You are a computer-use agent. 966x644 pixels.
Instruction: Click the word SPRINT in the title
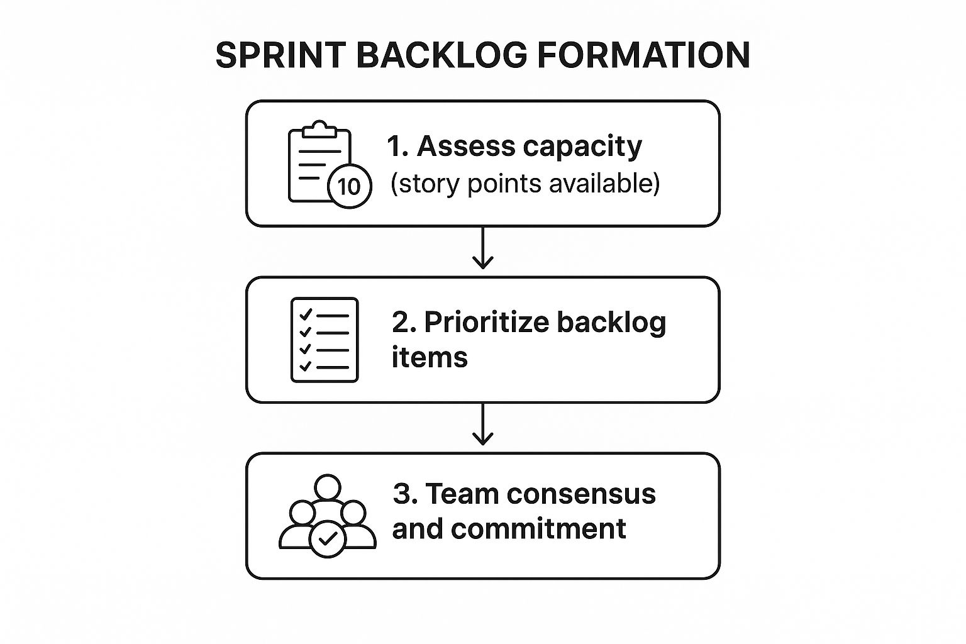(x=280, y=55)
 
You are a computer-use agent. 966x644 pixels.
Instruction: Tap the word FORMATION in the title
(x=644, y=55)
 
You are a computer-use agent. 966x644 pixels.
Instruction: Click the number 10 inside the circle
(x=349, y=187)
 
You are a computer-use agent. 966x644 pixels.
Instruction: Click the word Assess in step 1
(x=466, y=146)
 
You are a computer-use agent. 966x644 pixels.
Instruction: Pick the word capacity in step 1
(x=582, y=148)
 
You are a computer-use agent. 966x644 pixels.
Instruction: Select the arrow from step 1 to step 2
(x=482, y=248)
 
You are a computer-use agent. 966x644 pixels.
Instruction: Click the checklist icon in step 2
(x=325, y=340)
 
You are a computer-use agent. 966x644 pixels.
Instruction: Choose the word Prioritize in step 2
(x=487, y=322)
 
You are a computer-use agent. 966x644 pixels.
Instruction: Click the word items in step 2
(x=430, y=358)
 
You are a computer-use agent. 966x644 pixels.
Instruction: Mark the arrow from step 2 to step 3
(x=482, y=424)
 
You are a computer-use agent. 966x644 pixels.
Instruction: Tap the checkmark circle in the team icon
(x=328, y=539)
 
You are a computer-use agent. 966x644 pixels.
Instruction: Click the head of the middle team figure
(x=328, y=488)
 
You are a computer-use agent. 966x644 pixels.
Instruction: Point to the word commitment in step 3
(x=538, y=528)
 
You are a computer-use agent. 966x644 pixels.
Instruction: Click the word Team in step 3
(x=462, y=494)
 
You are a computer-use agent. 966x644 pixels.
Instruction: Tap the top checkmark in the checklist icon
(x=306, y=315)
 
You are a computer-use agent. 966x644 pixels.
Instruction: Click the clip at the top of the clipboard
(x=319, y=129)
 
